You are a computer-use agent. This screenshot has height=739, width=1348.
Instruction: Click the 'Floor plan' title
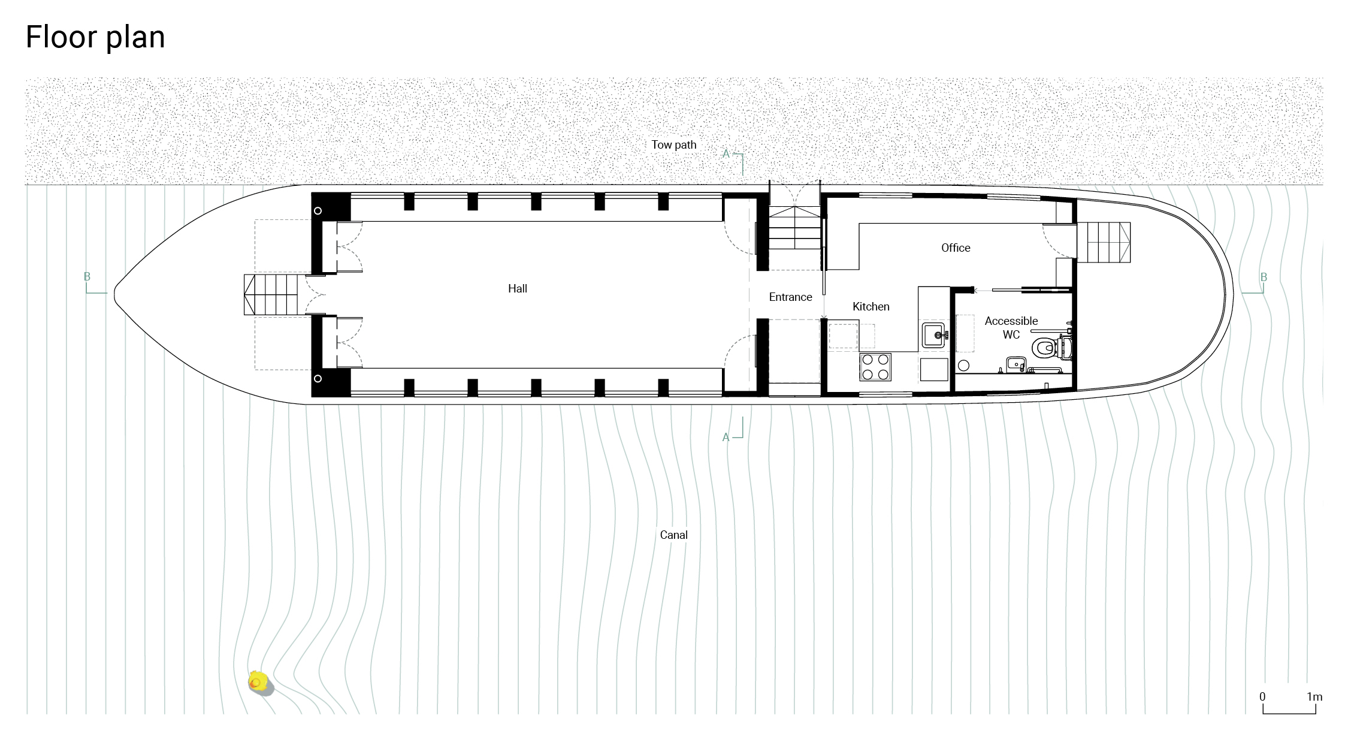pos(95,38)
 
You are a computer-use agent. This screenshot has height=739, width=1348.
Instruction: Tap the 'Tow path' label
pos(674,145)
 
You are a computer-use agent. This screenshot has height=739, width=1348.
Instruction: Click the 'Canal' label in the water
pos(673,535)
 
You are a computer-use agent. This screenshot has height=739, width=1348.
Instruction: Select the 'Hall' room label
pos(518,288)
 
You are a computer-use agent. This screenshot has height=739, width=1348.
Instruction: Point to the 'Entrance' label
pos(790,297)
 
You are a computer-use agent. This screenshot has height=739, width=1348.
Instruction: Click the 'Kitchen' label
pos(871,306)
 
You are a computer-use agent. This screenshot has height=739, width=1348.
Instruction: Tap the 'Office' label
pos(956,248)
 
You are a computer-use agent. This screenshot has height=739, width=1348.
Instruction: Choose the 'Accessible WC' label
pos(1011,328)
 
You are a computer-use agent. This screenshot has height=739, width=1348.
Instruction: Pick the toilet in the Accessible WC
pos(1051,347)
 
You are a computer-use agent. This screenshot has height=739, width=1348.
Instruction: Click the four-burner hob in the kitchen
pos(875,367)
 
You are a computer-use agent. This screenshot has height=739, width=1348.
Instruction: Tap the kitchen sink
pos(934,335)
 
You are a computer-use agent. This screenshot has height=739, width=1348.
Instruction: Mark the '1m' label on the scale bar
pos(1314,696)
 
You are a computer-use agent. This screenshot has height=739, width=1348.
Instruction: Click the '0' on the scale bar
pos(1262,696)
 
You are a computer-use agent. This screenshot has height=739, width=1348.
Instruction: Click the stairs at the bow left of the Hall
pos(271,294)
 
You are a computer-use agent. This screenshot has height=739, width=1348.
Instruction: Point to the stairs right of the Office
pos(1104,242)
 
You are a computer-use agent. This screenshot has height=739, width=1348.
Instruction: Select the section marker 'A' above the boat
pos(726,154)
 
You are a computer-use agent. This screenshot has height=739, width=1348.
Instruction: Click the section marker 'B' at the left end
pos(87,277)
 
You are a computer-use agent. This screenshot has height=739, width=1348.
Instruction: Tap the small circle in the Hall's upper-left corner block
pos(318,211)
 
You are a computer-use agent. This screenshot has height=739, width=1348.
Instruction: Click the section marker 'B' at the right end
pos(1264,277)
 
